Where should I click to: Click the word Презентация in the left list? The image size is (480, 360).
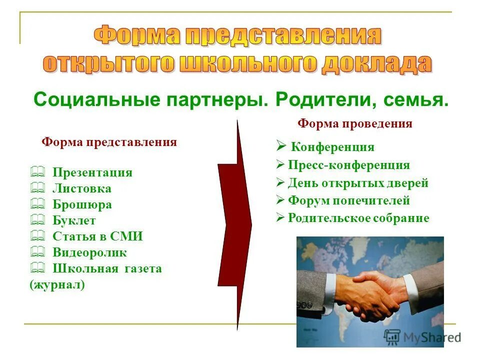tap(92, 172)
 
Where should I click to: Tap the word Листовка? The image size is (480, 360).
tap(82, 188)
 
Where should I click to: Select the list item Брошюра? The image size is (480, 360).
tap(82, 204)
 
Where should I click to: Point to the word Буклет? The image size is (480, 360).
tap(74, 220)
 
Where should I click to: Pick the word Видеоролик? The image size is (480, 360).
tap(89, 252)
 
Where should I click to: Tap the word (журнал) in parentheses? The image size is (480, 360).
tap(57, 285)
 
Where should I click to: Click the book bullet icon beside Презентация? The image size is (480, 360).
tap(37, 172)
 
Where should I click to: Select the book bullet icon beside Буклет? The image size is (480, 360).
tap(37, 220)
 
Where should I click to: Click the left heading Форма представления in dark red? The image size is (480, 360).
tap(109, 142)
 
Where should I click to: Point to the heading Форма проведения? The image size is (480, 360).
tap(355, 123)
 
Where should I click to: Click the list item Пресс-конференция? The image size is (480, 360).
tap(349, 165)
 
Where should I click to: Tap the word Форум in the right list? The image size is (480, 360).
tap(305, 200)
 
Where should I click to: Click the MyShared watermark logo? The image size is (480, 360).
tap(422, 336)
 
